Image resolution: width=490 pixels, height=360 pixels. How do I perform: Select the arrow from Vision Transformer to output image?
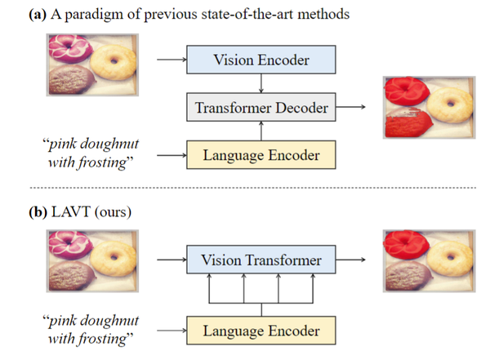[x=354, y=261]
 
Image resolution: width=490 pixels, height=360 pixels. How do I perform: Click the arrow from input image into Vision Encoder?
[x=168, y=60]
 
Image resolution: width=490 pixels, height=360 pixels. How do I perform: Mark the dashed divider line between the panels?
[x=245, y=188]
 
